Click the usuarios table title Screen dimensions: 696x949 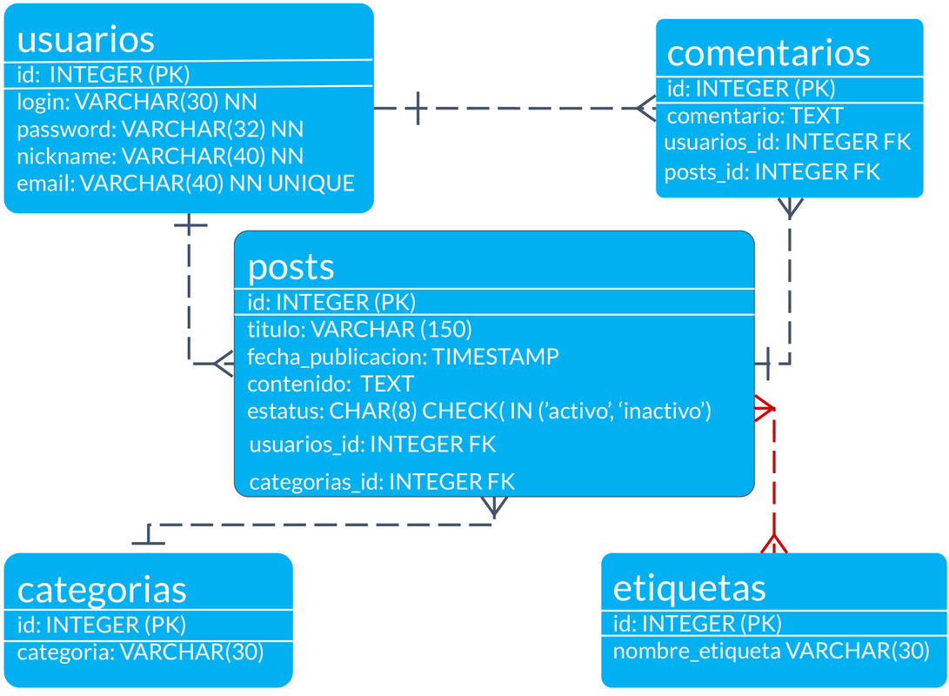click(85, 39)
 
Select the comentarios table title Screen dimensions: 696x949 click(768, 52)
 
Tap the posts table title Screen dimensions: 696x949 click(291, 266)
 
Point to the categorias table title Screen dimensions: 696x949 click(102, 589)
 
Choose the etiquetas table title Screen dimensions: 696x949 click(689, 587)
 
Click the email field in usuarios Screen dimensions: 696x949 click(185, 184)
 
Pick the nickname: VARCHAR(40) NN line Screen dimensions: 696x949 click(160, 157)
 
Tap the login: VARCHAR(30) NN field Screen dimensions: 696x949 click(137, 102)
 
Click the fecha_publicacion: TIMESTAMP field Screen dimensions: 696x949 click(403, 357)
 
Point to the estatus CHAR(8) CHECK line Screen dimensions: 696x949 click(479, 411)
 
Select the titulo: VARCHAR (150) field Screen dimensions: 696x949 click(359, 329)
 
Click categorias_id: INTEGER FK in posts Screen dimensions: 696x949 click(382, 482)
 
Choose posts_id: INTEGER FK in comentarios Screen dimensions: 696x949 click(772, 172)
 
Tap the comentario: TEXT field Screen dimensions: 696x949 click(755, 116)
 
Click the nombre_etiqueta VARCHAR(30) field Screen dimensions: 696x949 click(772, 651)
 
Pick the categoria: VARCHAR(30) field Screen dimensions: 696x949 click(140, 652)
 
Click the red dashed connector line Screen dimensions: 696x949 click(772, 470)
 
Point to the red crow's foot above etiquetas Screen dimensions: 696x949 click(772, 542)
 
